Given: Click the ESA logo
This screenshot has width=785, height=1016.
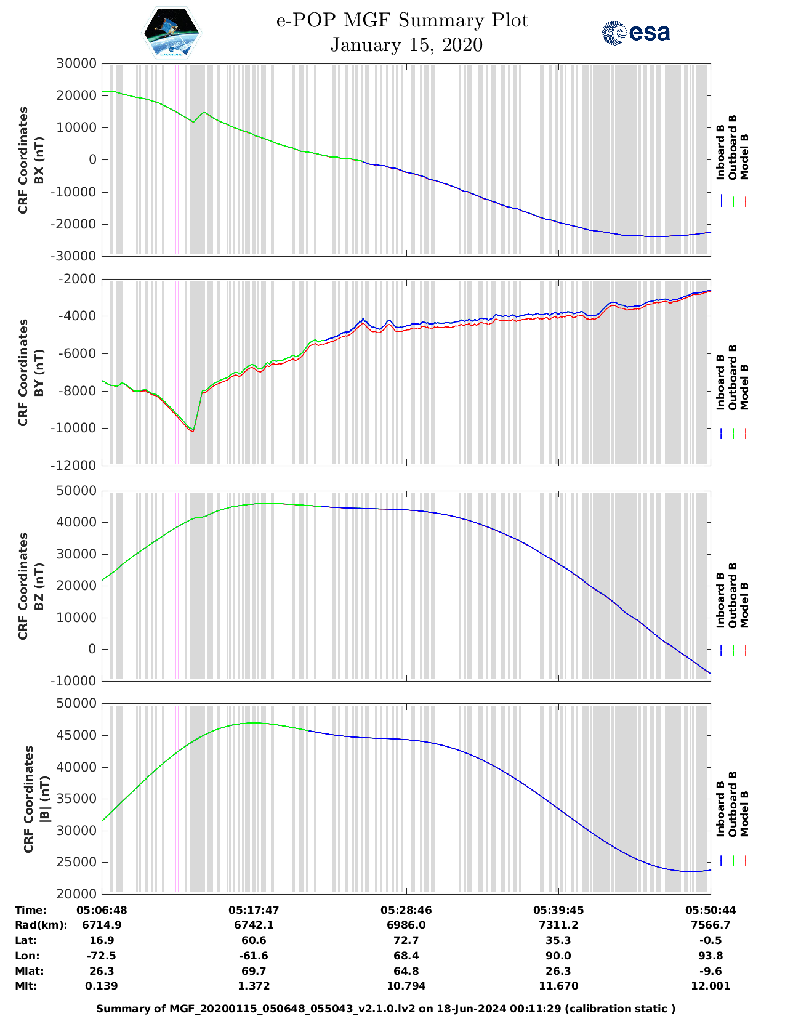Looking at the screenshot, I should click(x=636, y=33).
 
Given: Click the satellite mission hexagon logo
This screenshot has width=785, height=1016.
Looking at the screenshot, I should click(x=172, y=33).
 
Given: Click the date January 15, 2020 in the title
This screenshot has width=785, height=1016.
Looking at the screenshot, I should click(x=406, y=45).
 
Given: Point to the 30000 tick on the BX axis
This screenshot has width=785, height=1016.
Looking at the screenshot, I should click(x=76, y=63).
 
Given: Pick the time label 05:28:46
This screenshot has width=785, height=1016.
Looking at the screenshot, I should click(x=406, y=910).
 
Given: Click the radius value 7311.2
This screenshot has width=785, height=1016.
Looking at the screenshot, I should click(x=558, y=925).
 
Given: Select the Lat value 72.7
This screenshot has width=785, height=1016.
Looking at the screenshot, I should click(x=406, y=940).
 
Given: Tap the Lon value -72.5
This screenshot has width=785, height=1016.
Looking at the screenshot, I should click(x=102, y=956).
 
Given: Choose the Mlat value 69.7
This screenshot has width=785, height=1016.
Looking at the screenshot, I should click(x=254, y=971).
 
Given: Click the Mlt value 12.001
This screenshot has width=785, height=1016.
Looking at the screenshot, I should click(x=711, y=986).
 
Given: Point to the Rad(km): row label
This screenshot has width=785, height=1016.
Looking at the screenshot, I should click(x=41, y=925).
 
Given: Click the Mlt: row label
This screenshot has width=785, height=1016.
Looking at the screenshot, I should click(x=26, y=986).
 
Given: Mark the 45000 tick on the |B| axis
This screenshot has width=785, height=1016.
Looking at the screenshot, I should click(x=76, y=735).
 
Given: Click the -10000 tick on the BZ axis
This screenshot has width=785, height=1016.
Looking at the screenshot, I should click(x=76, y=681).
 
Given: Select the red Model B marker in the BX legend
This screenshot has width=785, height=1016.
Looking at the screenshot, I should click(x=745, y=201).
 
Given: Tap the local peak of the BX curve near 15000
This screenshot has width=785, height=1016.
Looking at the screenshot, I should click(x=204, y=113).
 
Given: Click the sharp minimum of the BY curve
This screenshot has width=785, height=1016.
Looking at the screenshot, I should click(x=193, y=431).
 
